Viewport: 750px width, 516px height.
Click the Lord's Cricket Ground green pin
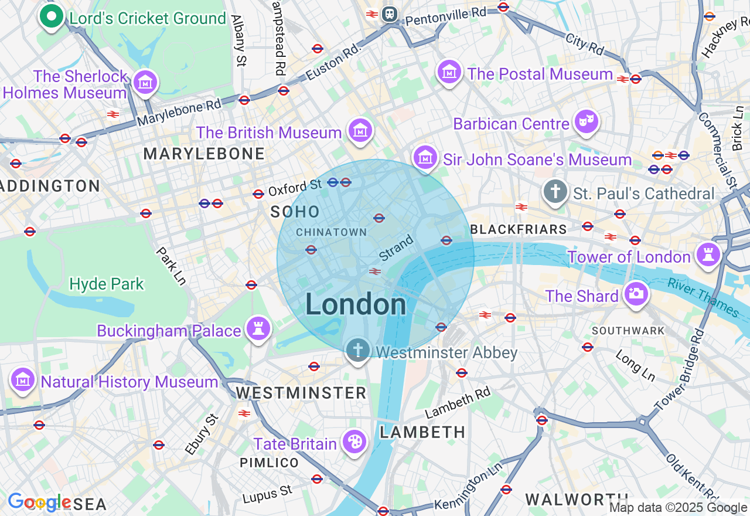coord(52,17)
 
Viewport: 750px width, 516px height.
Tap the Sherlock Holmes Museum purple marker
coord(145,83)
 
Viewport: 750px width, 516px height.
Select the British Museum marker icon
coord(360,131)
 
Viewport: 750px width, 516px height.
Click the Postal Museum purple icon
coord(449,73)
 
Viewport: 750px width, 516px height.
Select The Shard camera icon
coord(636,294)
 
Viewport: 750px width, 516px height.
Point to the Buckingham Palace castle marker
coord(257,329)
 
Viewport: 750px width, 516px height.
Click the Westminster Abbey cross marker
coord(358,351)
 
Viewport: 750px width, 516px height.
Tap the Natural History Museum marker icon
coord(23,381)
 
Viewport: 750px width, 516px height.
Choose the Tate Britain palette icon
coord(354,442)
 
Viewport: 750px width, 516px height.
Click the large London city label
coord(356,305)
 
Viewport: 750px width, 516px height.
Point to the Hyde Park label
coord(106,284)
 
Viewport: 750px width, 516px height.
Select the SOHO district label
coord(295,212)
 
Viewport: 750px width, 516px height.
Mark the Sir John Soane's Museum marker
coord(426,158)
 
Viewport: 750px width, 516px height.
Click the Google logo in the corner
coord(39,503)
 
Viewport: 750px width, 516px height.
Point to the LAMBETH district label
coord(422,432)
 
